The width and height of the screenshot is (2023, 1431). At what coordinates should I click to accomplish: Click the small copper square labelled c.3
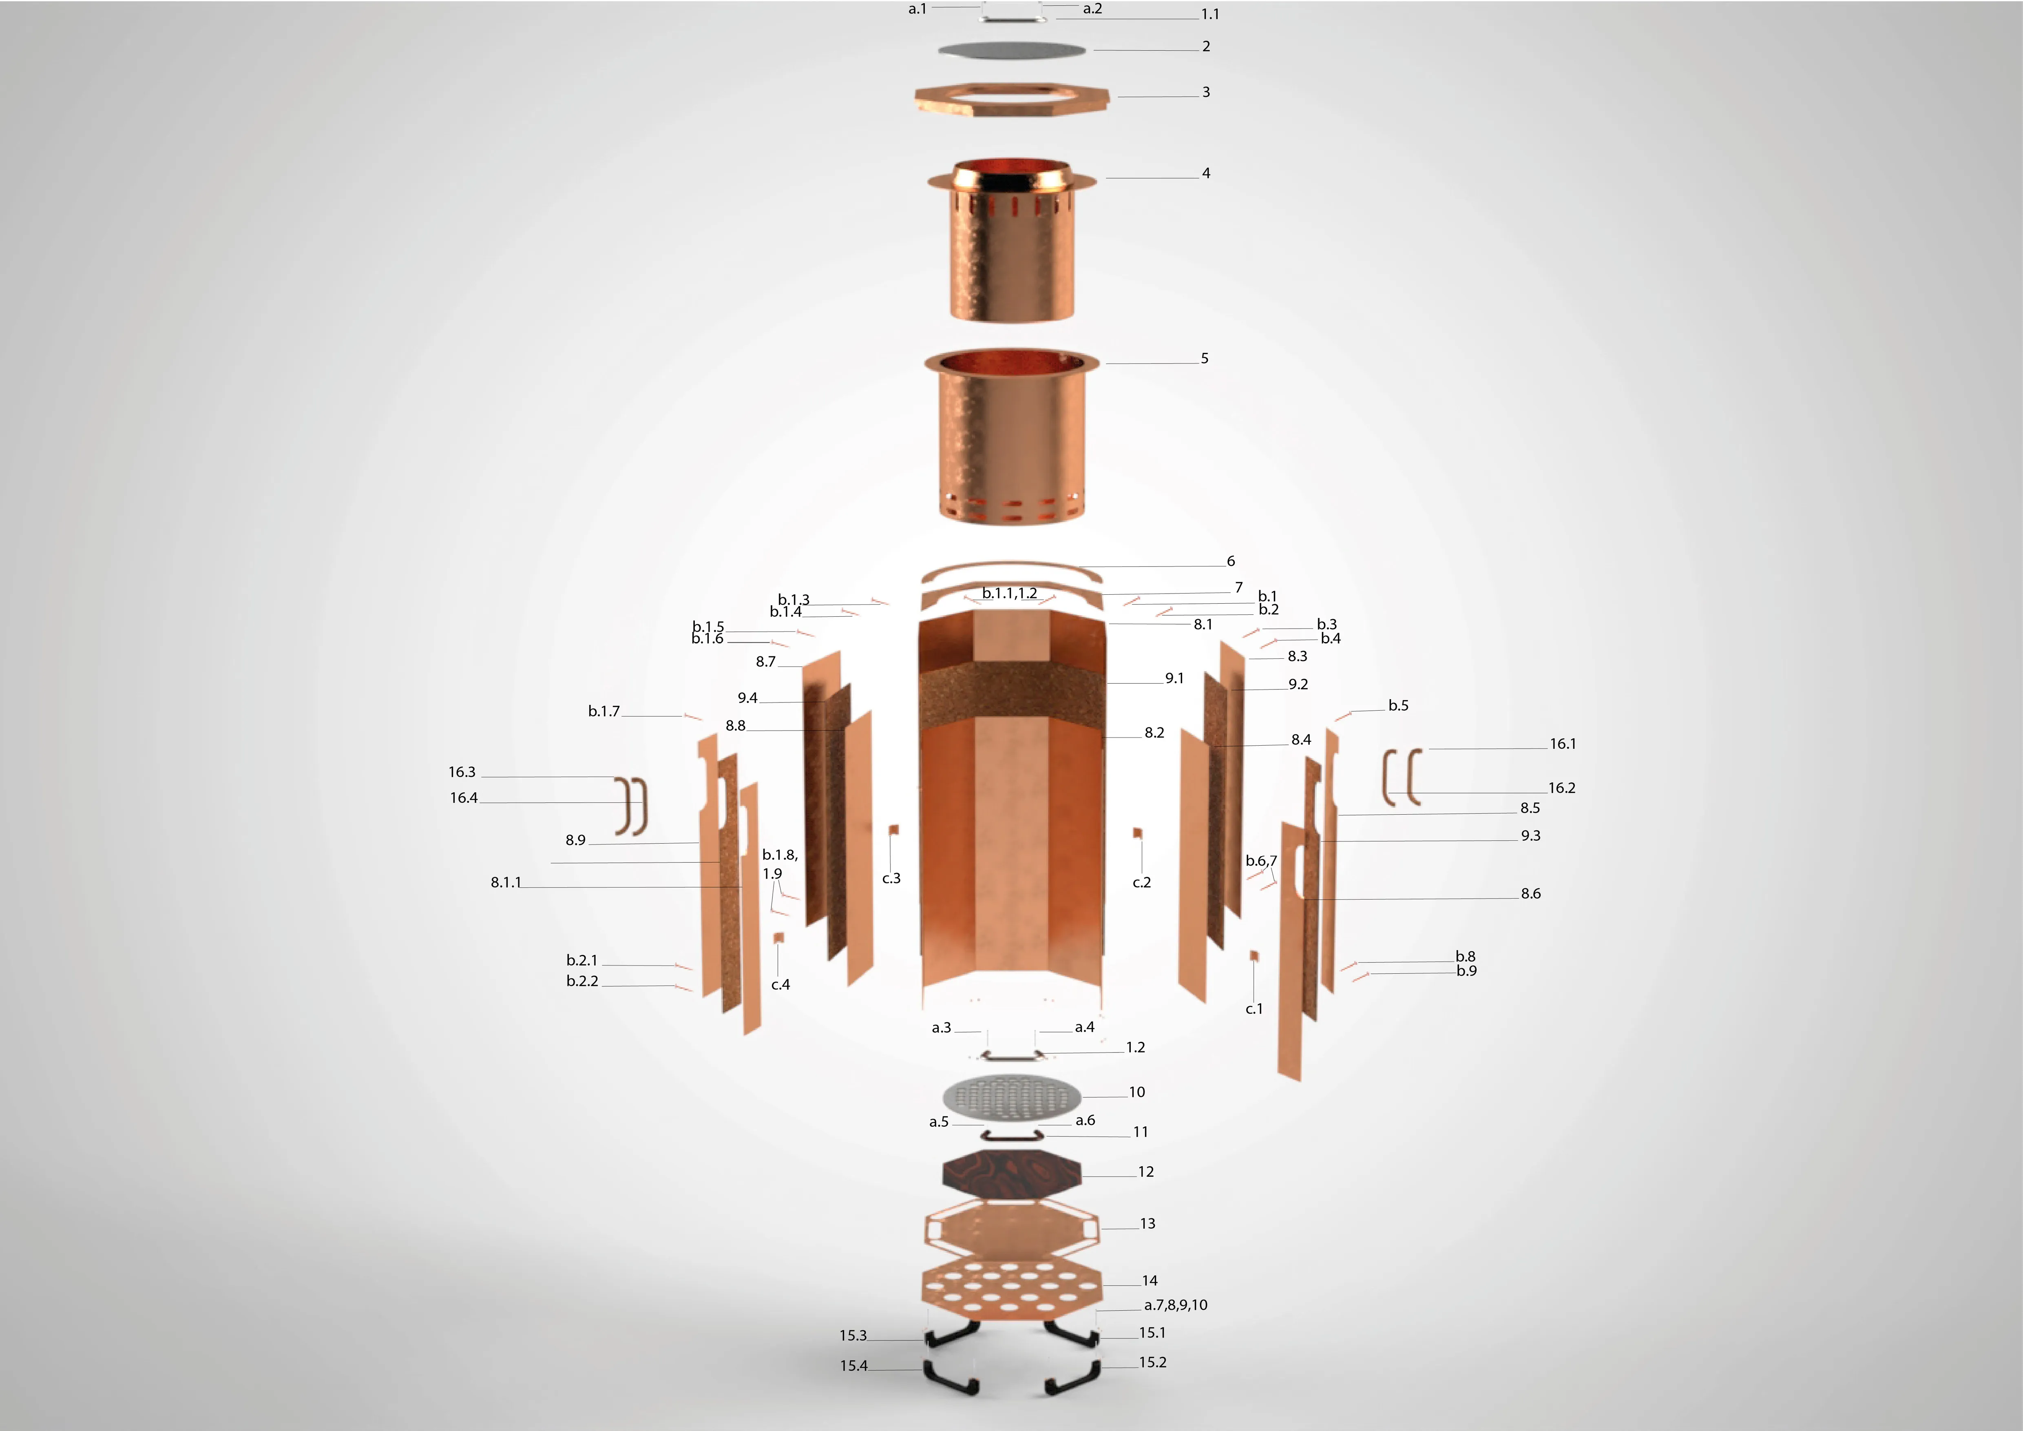893,830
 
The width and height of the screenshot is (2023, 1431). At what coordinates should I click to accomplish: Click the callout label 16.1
1563,744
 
